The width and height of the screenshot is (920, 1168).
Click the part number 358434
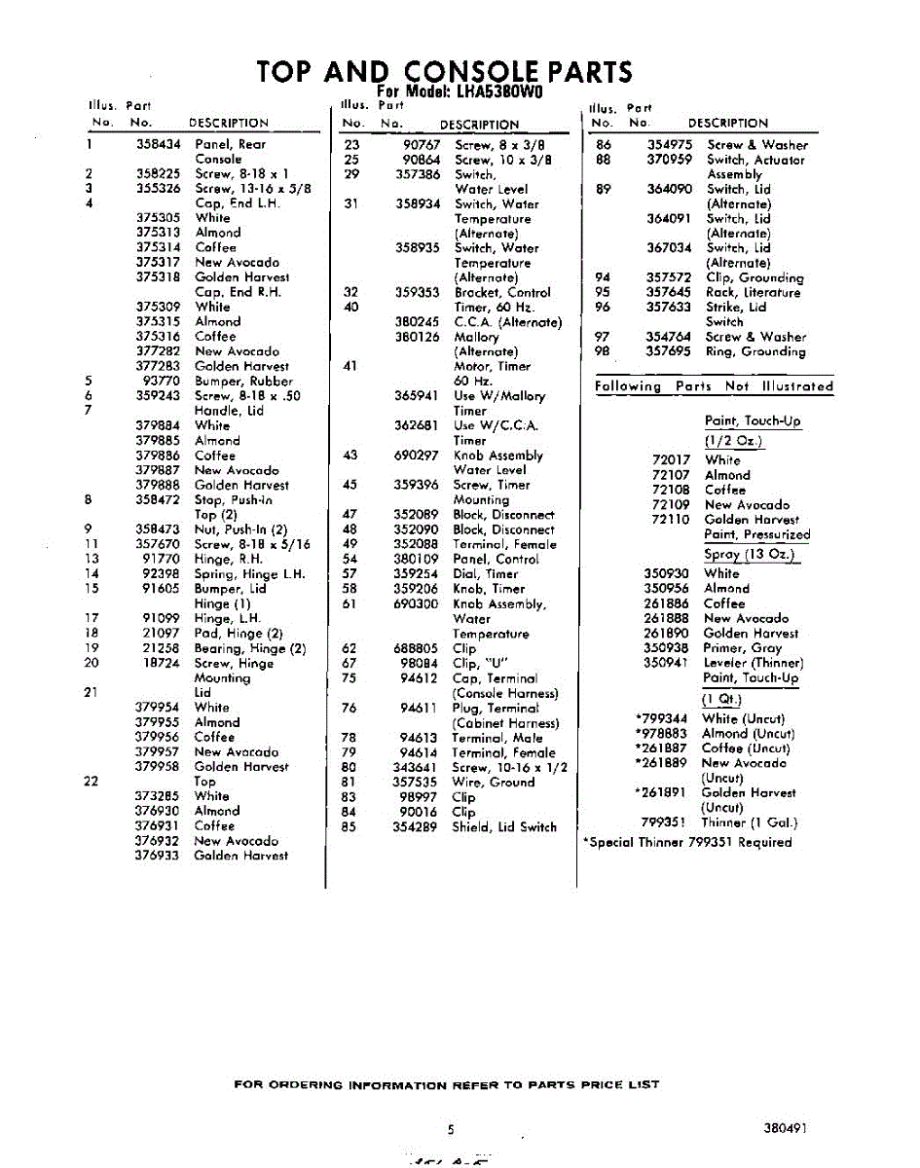158,144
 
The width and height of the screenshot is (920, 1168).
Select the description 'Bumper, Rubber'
243,382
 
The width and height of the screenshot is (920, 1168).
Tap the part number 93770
162,382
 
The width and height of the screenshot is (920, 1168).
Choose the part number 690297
417,456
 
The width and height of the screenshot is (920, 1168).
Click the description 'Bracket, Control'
502,292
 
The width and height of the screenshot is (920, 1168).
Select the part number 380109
417,560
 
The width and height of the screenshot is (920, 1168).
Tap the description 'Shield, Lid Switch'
504,827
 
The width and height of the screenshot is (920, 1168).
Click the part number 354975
670,145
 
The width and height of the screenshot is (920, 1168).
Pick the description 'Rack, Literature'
753,292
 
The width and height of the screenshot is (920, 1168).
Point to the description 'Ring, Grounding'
755,351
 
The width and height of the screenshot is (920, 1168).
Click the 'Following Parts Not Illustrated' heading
714,386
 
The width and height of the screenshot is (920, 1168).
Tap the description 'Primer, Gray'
742,648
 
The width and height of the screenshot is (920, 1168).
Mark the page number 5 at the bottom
451,1130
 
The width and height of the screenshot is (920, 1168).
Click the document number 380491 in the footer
786,1129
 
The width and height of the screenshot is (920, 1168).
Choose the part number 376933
157,856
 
